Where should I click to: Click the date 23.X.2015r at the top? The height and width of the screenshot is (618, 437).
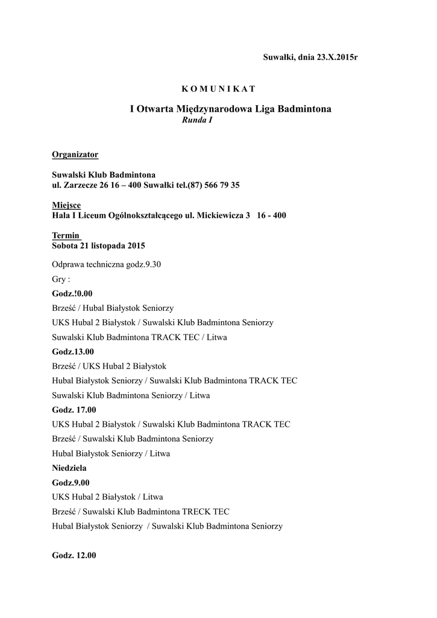point(332,57)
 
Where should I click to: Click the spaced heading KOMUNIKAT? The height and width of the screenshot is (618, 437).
point(219,89)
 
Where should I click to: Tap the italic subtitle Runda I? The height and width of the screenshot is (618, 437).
point(197,120)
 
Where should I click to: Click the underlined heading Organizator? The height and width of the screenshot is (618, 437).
point(75,154)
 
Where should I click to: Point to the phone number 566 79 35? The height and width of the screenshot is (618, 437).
point(222,185)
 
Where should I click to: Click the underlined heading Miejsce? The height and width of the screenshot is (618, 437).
point(66,205)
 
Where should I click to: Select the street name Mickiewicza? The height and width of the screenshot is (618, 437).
point(220,215)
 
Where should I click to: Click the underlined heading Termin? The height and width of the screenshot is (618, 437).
point(65,235)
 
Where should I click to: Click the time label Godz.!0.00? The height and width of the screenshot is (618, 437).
point(72,293)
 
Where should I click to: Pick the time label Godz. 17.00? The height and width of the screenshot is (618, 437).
point(74,410)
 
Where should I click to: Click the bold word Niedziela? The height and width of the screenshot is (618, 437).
point(69,468)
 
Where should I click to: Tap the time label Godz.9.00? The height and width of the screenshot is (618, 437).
point(71,482)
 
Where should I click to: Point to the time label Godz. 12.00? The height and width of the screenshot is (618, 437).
point(74,555)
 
